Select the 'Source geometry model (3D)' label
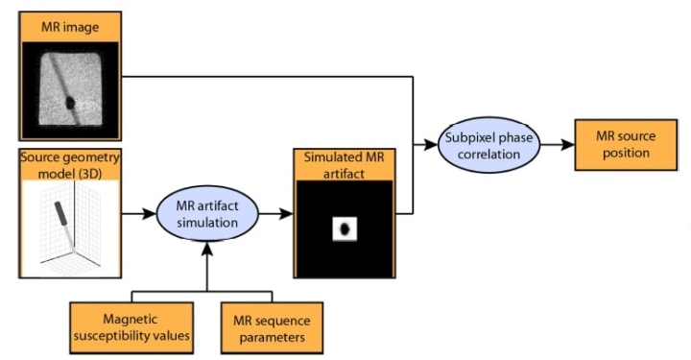click(x=67, y=165)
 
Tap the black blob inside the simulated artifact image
click(x=345, y=228)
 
